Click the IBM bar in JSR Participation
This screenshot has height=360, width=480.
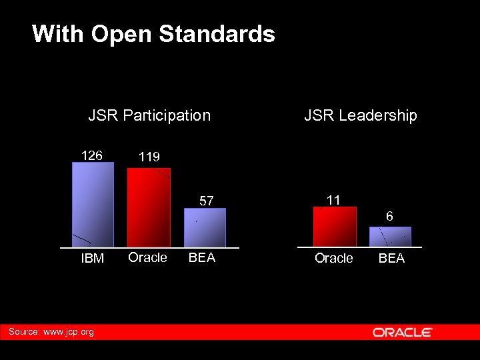pos(93,205)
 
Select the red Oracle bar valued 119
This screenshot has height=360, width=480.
pos(149,207)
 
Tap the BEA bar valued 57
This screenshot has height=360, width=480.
pos(205,227)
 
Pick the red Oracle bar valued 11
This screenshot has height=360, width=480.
pos(335,227)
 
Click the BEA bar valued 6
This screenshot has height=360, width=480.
pos(390,237)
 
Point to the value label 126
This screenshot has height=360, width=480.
pos(91,155)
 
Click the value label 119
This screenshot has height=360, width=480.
pos(149,157)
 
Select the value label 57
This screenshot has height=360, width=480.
pos(207,201)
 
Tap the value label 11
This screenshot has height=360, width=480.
pos(333,200)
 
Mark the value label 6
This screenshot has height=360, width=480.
pos(389,217)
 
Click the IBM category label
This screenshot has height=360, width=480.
pos(93,259)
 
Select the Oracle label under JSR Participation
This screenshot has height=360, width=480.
pos(147,257)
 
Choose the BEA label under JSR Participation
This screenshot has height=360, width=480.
pos(202,257)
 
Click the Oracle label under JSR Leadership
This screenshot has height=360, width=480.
pos(334,258)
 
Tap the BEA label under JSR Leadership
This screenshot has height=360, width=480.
pos(391,258)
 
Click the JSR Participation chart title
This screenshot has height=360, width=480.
pos(149,115)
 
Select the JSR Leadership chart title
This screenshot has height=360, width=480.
pos(361,115)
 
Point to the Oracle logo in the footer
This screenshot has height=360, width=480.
pos(403,332)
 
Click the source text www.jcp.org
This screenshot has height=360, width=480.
pos(68,331)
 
